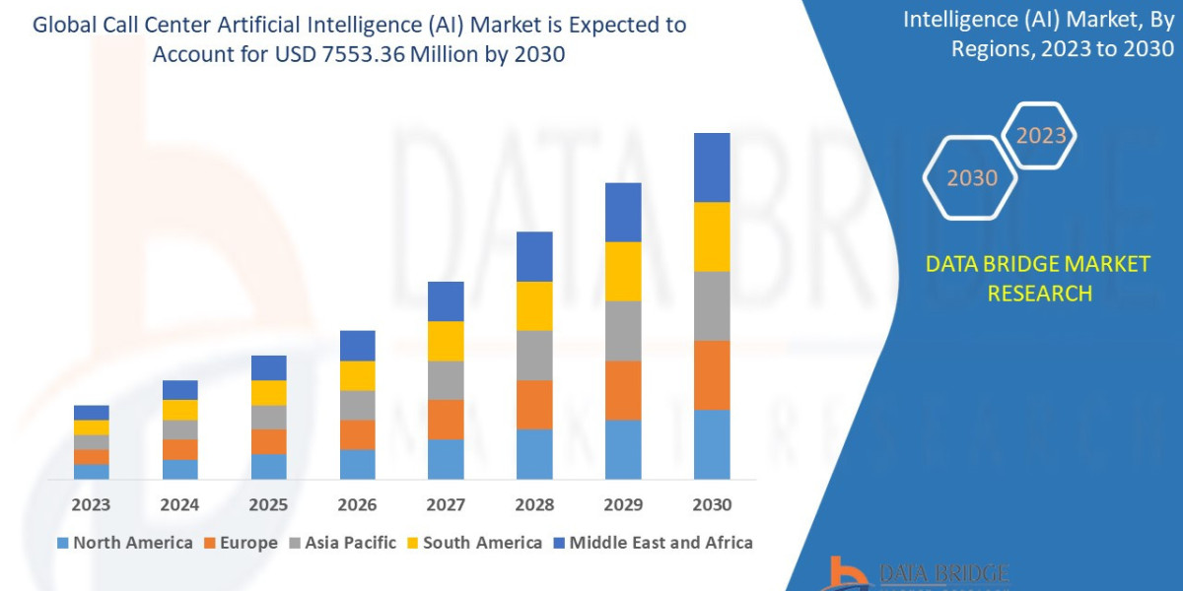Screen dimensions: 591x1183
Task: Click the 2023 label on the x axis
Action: [91, 504]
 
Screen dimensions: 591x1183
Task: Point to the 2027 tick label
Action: [446, 504]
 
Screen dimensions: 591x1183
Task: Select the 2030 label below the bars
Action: [712, 504]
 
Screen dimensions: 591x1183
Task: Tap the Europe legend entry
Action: [242, 543]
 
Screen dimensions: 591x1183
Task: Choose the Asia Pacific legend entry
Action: [342, 543]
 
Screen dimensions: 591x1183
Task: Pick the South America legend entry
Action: [473, 543]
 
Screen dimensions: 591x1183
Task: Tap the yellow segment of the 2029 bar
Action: [623, 271]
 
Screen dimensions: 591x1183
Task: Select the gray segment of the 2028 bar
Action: [534, 355]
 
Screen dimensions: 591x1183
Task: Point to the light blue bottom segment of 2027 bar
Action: [446, 459]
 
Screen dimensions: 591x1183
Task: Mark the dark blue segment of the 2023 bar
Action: [91, 412]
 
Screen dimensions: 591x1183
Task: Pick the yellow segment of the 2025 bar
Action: [268, 392]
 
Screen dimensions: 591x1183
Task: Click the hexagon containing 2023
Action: [1039, 136]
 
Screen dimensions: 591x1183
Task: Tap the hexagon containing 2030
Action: [972, 178]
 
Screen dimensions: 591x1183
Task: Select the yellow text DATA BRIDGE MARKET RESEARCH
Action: [1038, 279]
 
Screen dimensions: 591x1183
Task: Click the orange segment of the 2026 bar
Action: [357, 434]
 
